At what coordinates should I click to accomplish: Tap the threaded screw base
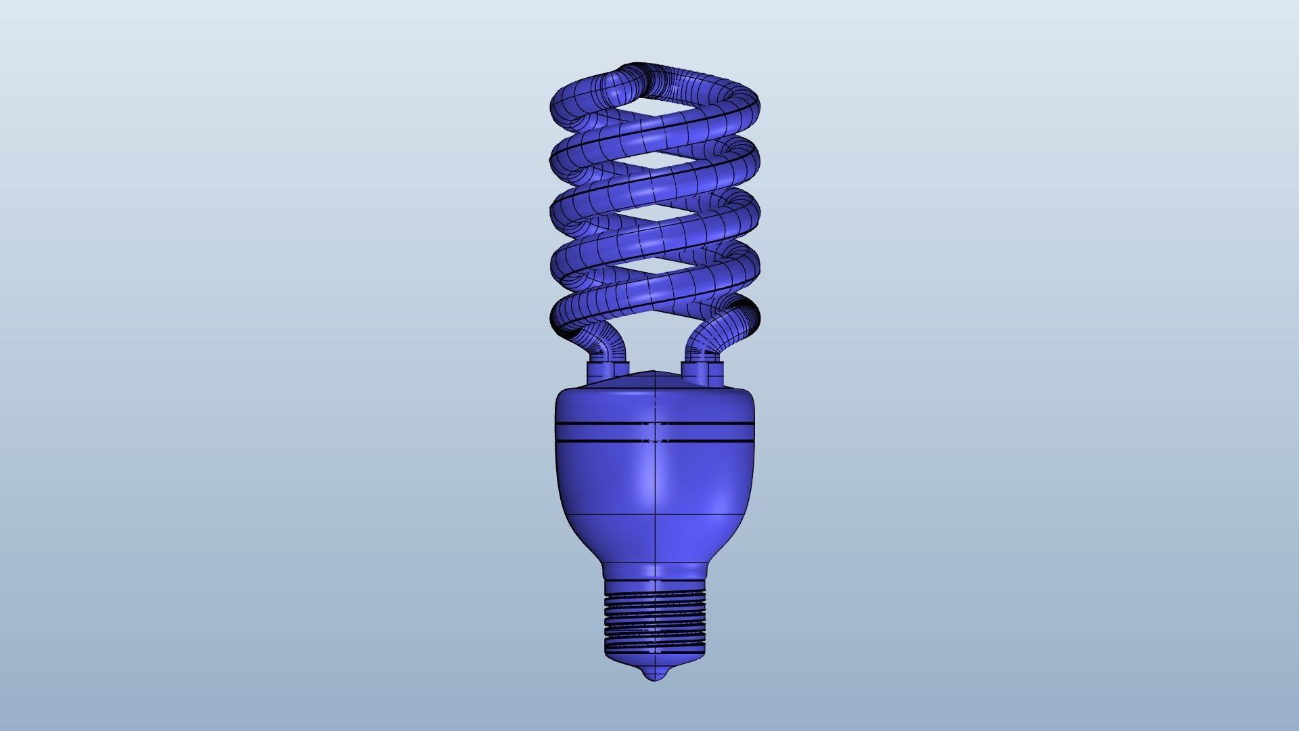point(654,619)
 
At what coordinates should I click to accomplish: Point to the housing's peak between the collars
point(655,373)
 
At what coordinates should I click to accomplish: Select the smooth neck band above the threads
point(654,576)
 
